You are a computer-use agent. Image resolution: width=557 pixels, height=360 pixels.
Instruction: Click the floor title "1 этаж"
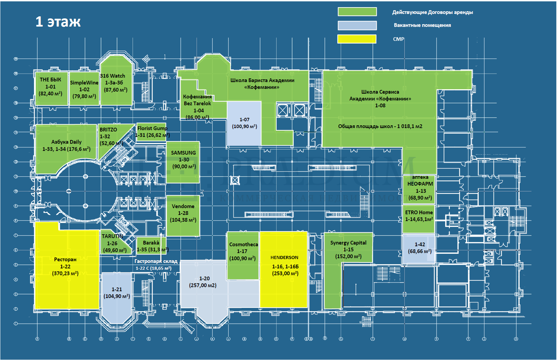tap(58, 21)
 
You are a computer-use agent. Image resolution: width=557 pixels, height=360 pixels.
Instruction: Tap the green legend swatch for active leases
tap(357, 12)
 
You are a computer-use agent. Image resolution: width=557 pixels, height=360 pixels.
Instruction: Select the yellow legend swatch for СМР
tap(357, 39)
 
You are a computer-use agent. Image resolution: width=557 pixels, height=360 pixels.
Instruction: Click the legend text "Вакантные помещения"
tap(422, 25)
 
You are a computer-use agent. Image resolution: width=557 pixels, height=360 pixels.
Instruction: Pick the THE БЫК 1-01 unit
tap(51, 88)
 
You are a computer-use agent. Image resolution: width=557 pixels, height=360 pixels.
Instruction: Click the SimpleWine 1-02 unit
tap(84, 89)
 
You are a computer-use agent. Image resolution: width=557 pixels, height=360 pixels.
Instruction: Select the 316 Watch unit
tap(116, 83)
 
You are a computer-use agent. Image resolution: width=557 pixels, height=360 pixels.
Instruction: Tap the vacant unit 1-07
tap(244, 123)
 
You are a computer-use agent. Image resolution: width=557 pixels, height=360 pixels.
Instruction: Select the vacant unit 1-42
tap(419, 248)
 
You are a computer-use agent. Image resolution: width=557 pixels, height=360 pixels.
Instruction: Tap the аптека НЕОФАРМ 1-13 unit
tap(420, 189)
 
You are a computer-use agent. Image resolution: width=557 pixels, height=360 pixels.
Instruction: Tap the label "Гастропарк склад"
tap(156, 261)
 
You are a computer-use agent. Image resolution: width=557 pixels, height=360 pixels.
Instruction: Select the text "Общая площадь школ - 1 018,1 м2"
tap(380, 126)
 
